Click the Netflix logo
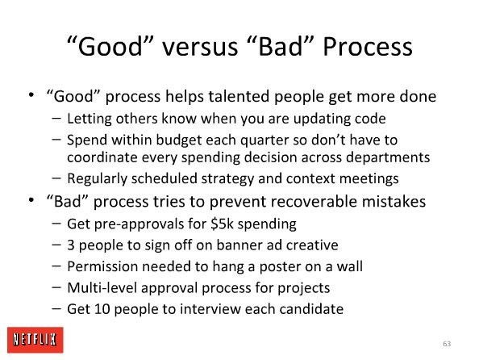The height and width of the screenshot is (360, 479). [35, 340]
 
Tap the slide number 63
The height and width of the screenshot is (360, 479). [447, 344]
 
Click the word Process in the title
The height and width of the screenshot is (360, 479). [368, 47]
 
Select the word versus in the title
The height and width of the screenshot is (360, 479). [200, 48]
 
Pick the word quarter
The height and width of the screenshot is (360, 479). [264, 140]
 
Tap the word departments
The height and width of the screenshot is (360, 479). [388, 158]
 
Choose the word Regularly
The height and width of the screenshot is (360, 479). [97, 179]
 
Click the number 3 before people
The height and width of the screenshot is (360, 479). [71, 245]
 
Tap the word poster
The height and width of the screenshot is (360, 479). [280, 267]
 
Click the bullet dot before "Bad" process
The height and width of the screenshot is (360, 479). [31, 200]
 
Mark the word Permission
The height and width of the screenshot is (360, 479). [102, 266]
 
